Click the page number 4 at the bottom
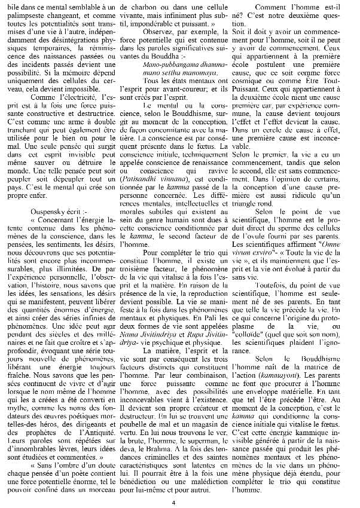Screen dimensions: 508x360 point(179,500)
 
